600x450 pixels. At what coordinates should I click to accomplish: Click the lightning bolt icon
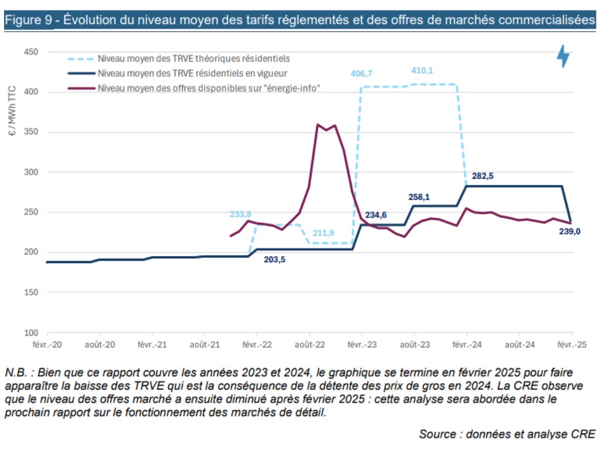562,56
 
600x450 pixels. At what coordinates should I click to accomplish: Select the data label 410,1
421,71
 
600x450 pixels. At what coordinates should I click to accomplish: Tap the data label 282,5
483,176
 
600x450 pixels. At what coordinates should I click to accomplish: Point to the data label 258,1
419,197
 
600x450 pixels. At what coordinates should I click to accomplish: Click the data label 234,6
376,215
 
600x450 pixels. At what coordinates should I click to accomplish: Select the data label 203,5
274,260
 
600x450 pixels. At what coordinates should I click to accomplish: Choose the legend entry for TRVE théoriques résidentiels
193,59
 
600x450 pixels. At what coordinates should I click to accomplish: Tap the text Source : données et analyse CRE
507,434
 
